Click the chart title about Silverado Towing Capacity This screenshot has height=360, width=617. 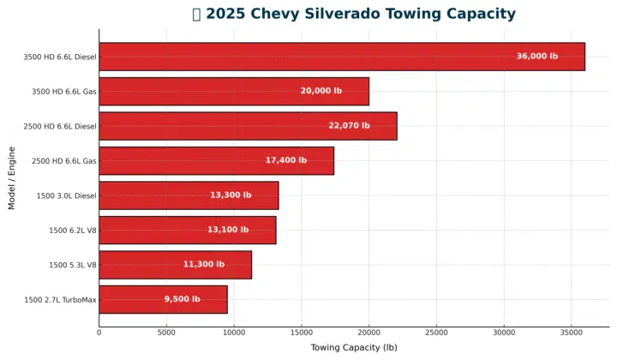(354, 14)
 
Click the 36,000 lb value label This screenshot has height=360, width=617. (536, 57)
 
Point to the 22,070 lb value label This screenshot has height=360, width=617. (349, 126)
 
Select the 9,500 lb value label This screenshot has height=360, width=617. (182, 299)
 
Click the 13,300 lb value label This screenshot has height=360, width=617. (231, 195)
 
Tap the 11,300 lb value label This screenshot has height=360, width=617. (203, 265)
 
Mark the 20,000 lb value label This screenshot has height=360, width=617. (320, 91)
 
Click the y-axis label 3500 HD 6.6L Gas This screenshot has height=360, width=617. (64, 92)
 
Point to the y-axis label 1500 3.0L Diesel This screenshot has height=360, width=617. (66, 195)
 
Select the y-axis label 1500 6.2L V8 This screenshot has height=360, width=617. (73, 231)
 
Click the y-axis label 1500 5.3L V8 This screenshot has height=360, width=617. (73, 265)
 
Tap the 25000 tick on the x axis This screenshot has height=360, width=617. (436, 333)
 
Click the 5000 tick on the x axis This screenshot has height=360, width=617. (166, 333)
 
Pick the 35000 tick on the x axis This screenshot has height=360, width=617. (572, 333)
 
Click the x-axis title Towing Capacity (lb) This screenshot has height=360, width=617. (353, 347)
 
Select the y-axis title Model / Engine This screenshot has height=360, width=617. (12, 177)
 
